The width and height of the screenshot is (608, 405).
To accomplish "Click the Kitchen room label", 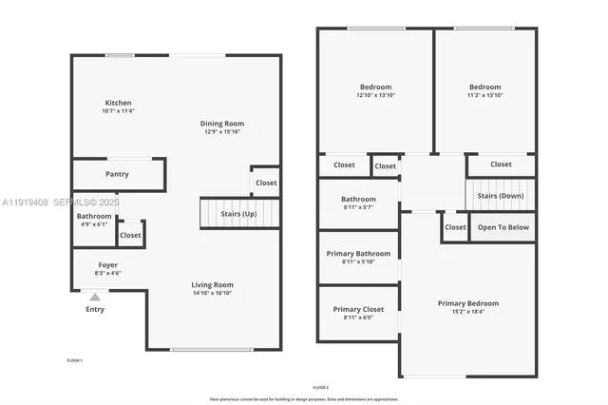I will [x=118, y=103].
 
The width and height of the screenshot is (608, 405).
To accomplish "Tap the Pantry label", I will [x=118, y=174].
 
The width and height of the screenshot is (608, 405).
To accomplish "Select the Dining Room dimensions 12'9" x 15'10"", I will [x=222, y=132].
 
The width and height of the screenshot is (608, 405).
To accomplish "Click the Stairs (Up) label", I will [x=237, y=214].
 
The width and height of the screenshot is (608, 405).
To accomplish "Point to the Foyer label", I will [x=108, y=264].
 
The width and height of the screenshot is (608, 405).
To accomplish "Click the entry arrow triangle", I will [x=95, y=297].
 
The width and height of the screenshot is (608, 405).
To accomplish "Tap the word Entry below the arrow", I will [x=95, y=309].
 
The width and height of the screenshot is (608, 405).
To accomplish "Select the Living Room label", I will [x=213, y=284].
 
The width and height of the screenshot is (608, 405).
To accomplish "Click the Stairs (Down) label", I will [x=500, y=195].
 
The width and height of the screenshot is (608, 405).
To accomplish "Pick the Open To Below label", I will [x=503, y=227].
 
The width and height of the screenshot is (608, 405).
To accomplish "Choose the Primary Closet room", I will [x=358, y=309].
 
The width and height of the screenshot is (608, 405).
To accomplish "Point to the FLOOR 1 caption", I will [x=74, y=360].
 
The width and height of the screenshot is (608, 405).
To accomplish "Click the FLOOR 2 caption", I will [x=320, y=387].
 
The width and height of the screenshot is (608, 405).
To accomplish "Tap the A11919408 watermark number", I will [x=25, y=202].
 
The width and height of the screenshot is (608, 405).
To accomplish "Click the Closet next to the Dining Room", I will [x=266, y=183].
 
